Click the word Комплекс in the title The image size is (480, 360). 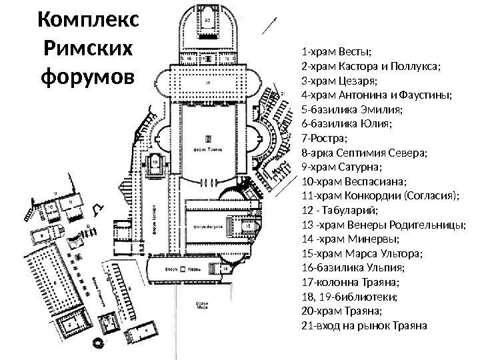[x=87, y=21]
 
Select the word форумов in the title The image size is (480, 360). [x=87, y=79]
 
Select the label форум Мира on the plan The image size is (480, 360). [x=201, y=306]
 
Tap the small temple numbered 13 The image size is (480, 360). [x=155, y=162]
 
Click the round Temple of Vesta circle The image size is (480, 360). [x=99, y=343]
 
